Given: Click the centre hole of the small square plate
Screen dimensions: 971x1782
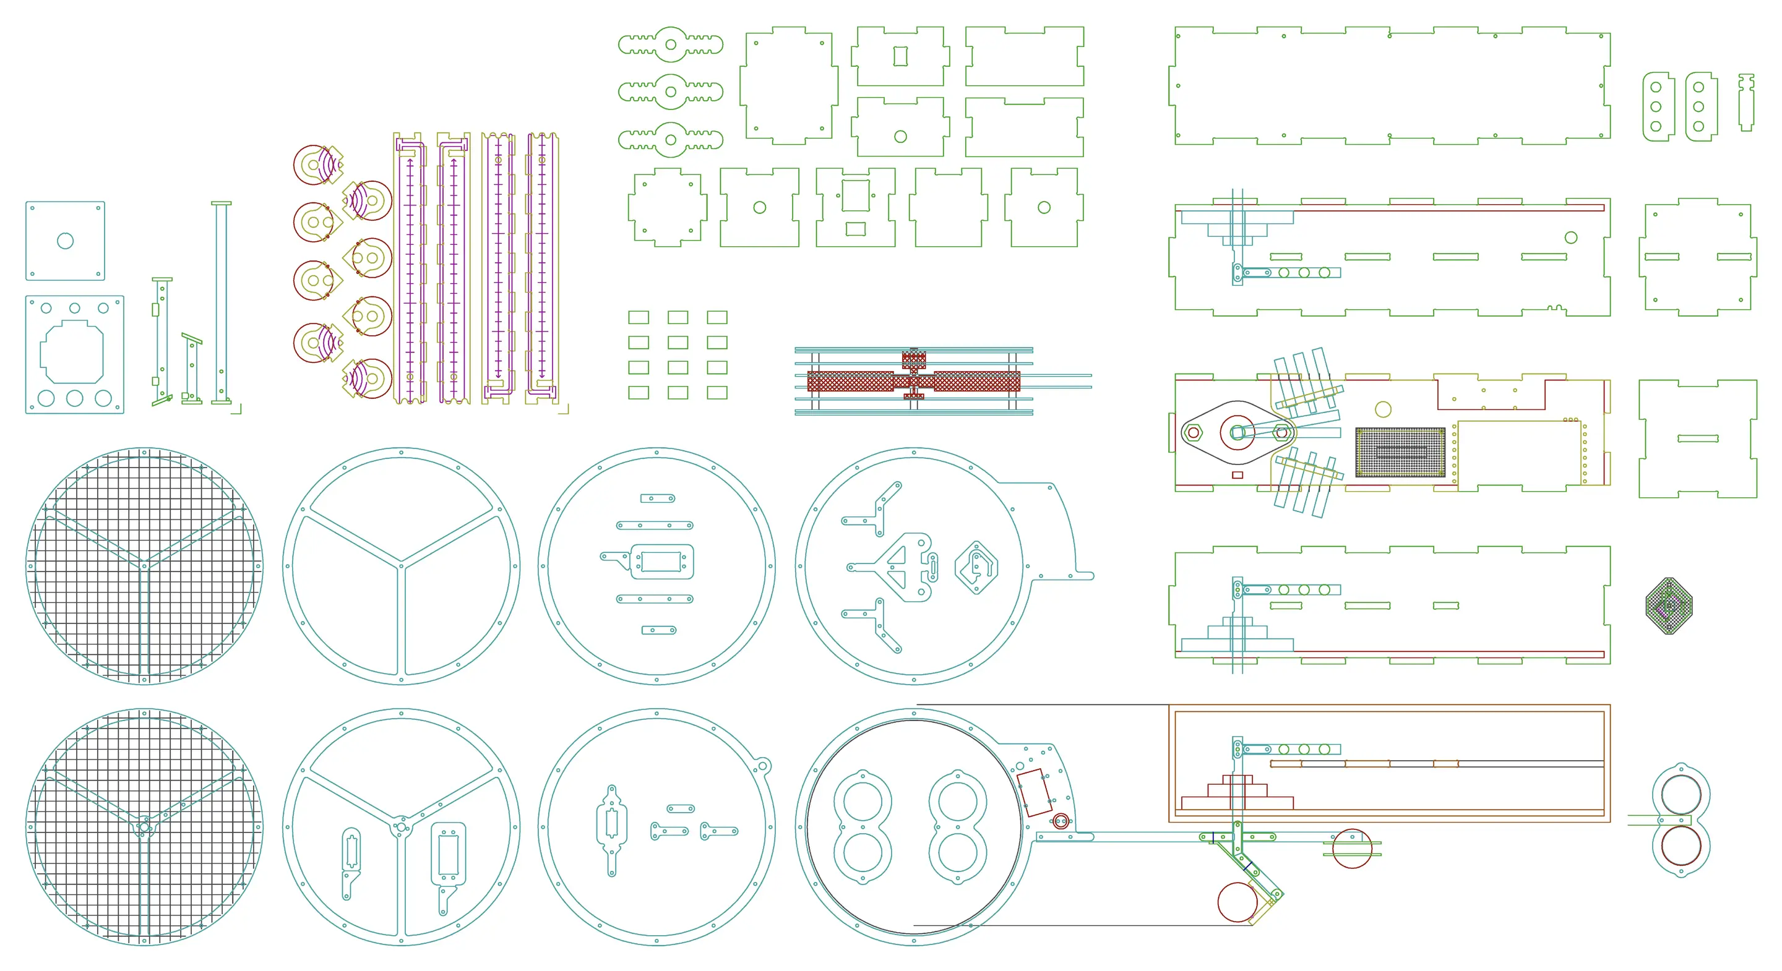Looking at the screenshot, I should click(65, 241).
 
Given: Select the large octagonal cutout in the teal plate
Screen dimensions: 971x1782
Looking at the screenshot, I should click(72, 352).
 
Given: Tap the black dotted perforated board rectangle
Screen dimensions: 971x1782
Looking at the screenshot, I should click(1400, 451).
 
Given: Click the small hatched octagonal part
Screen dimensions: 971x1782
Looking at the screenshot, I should click(1669, 606).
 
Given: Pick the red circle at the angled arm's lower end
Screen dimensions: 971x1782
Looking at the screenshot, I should click(1237, 902).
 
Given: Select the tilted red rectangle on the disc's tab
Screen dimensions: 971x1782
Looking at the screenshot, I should click(1033, 792).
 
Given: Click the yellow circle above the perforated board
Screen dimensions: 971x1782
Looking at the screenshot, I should click(1383, 409).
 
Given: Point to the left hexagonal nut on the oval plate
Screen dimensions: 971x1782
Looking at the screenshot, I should click(1192, 434).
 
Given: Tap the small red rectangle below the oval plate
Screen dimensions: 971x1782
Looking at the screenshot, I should click(1237, 475).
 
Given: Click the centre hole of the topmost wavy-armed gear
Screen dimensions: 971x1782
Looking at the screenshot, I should click(670, 45).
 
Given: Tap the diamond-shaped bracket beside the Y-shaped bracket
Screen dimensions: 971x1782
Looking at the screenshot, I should click(976, 567).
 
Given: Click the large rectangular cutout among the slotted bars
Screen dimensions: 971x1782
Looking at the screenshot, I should click(661, 562).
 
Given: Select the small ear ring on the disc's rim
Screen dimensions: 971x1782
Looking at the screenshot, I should click(763, 766).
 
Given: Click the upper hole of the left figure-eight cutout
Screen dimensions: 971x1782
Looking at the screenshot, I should click(863, 803).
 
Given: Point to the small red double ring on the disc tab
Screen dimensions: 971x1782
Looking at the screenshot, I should click(1061, 821).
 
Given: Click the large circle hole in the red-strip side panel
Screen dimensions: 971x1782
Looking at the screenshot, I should click(1571, 237).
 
